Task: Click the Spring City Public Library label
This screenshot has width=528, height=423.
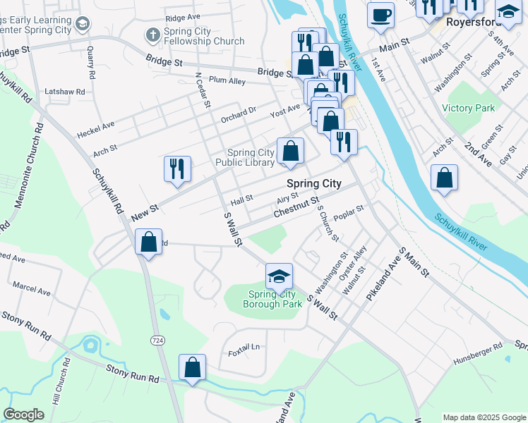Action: tap(250, 157)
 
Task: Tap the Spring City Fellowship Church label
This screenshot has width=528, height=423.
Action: tap(203, 37)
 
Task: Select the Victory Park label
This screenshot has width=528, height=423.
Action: tap(468, 108)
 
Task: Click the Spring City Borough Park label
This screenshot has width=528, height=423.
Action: tap(272, 299)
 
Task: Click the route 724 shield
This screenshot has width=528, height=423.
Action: tap(157, 340)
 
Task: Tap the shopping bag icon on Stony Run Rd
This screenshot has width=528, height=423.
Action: tap(192, 367)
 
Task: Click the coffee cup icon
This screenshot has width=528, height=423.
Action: tap(380, 15)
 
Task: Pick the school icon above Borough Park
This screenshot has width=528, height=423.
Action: tap(280, 276)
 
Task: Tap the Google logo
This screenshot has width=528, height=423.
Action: tap(23, 415)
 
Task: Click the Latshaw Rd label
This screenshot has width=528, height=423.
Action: tap(65, 92)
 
